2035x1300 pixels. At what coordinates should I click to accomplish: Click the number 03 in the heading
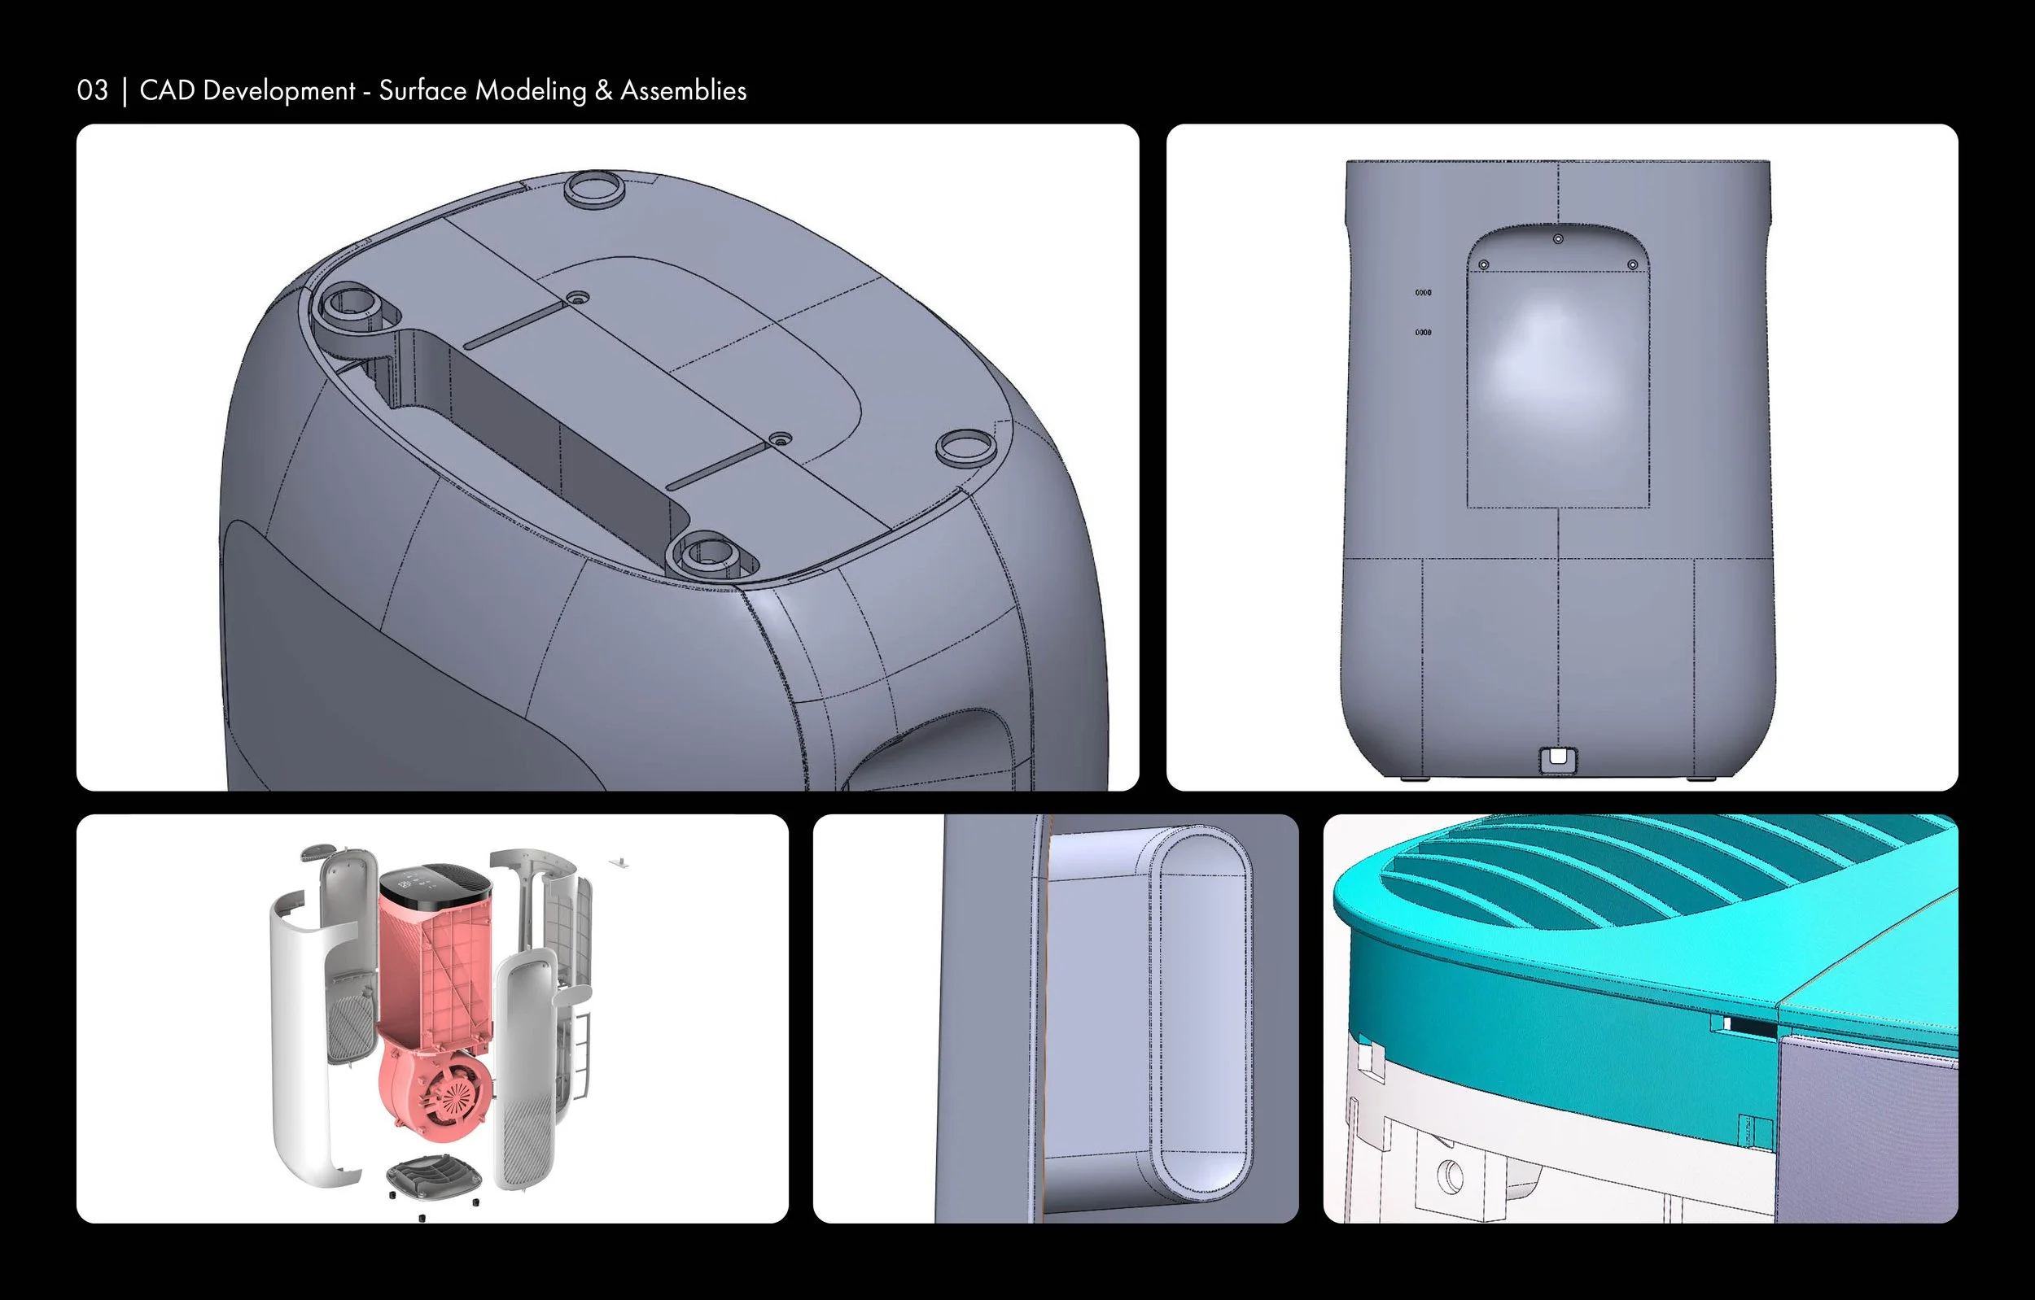coord(92,90)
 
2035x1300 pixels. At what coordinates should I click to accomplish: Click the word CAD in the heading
coord(168,90)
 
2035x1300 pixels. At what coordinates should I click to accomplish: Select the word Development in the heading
coord(280,91)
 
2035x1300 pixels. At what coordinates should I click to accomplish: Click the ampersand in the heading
coord(603,90)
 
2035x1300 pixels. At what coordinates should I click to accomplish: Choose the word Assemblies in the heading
coord(684,90)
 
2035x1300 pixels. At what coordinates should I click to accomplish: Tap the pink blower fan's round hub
coord(457,1096)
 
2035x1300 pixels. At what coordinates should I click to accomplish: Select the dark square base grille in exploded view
coord(434,1176)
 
